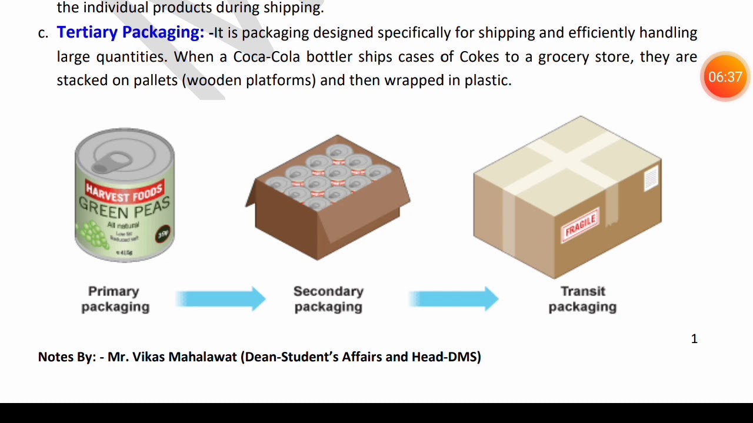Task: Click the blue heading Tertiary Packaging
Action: (x=130, y=32)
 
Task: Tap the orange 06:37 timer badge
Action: (x=725, y=77)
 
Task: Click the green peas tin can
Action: (x=125, y=195)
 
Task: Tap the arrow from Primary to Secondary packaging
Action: (x=221, y=298)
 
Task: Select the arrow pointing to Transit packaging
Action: (x=454, y=298)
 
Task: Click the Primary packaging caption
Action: (x=115, y=299)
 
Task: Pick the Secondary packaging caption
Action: (x=328, y=299)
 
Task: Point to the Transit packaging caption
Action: (x=582, y=299)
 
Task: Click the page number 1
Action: (x=694, y=339)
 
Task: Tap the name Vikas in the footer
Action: (x=149, y=357)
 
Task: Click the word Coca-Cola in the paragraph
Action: (x=266, y=57)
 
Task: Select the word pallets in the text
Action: (x=155, y=80)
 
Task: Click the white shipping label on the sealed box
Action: (x=650, y=177)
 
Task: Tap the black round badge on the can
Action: (x=163, y=234)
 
